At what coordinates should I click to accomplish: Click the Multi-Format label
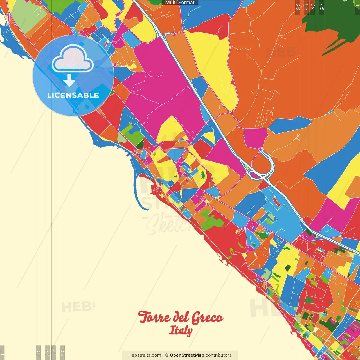coord(180,3)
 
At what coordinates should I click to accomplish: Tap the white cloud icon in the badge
coord(73,59)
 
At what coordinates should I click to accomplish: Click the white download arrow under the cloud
coord(69,80)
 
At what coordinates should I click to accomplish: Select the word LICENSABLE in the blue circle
coord(73,95)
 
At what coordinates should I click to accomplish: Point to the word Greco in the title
coord(208,318)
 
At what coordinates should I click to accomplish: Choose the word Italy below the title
coord(181,330)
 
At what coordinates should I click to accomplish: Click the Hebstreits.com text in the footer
coord(145,355)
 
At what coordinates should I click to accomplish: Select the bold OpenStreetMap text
coord(187,355)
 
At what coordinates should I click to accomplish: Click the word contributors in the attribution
coord(219,355)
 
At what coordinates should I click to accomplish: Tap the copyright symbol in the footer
coord(166,355)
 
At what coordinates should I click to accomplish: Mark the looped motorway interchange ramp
coord(269,163)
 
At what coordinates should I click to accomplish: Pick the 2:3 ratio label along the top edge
coord(298,7)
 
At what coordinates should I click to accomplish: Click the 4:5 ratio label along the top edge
coord(322,7)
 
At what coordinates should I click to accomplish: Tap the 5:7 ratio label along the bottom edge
coord(54,352)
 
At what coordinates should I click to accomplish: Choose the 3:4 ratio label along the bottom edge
coord(47,352)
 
